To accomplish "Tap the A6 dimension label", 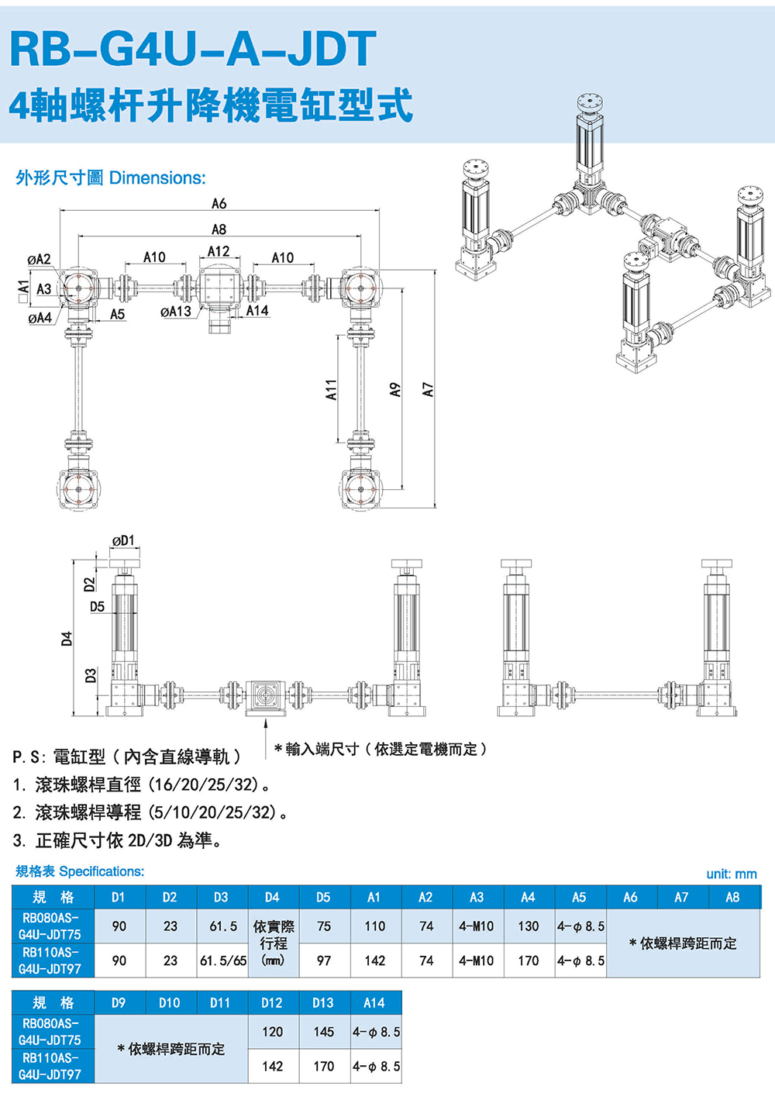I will click(x=219, y=203).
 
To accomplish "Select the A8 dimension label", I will click(x=219, y=229).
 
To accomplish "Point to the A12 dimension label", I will click(x=219, y=251).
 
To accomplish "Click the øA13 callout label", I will click(x=175, y=312).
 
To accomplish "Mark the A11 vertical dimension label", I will click(x=331, y=390).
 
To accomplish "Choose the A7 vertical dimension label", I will click(x=428, y=390).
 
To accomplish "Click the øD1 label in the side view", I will click(x=123, y=540).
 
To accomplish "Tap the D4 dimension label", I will click(x=67, y=639).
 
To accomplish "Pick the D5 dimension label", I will click(x=97, y=606).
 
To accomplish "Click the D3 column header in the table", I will click(x=221, y=897).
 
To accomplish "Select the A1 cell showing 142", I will click(x=375, y=960).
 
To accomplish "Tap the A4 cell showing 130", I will click(x=528, y=926).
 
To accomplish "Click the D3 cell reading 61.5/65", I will click(x=222, y=960).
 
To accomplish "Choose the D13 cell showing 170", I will click(x=323, y=1066).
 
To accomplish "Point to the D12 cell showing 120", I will click(x=272, y=1032).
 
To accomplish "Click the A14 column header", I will click(x=374, y=1002).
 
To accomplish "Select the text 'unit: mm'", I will click(x=731, y=874).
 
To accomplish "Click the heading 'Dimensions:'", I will click(x=157, y=178).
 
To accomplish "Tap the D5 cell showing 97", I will click(x=324, y=960).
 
